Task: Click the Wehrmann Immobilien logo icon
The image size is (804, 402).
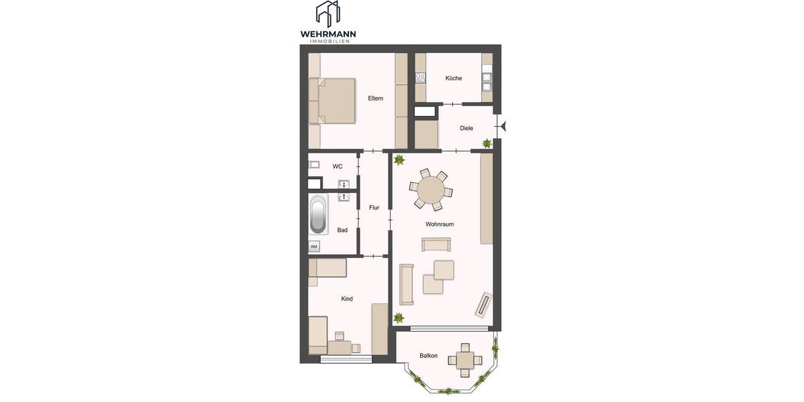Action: pyautogui.click(x=328, y=14)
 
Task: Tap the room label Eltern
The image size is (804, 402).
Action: pyautogui.click(x=375, y=98)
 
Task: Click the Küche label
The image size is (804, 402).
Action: pyautogui.click(x=454, y=78)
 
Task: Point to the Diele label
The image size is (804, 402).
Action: pyautogui.click(x=467, y=128)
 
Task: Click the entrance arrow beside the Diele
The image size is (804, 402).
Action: pyautogui.click(x=504, y=125)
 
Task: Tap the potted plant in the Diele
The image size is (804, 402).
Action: pyautogui.click(x=487, y=143)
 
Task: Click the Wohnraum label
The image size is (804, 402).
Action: pyautogui.click(x=440, y=224)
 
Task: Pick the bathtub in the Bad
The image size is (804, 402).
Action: pyautogui.click(x=318, y=215)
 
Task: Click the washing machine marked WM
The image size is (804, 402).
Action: pyautogui.click(x=314, y=247)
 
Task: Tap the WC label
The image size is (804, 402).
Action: pyautogui.click(x=338, y=166)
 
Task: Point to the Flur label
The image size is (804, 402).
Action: pyautogui.click(x=374, y=208)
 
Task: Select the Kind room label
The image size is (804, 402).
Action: pyautogui.click(x=347, y=299)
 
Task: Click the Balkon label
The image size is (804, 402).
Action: pyautogui.click(x=429, y=356)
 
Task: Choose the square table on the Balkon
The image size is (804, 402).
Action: pyautogui.click(x=465, y=359)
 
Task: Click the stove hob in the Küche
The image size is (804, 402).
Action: pyautogui.click(x=421, y=78)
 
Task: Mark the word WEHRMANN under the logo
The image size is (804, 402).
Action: pyautogui.click(x=328, y=33)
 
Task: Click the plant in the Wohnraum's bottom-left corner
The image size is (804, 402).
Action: pyautogui.click(x=399, y=318)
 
